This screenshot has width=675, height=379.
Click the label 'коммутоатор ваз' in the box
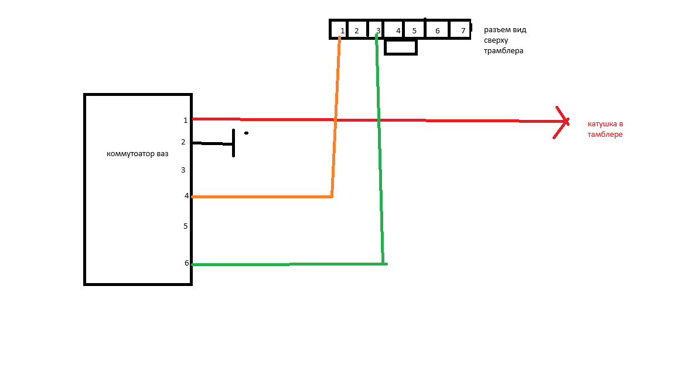137,154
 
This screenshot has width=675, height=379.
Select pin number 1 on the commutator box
185,120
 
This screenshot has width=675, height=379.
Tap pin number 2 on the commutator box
183,142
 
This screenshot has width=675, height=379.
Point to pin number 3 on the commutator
183,170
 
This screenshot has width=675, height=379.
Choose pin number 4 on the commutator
186,196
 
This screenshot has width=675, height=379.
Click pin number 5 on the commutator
185,226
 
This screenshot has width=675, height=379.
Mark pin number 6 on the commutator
186,263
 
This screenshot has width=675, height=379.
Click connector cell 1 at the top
342,30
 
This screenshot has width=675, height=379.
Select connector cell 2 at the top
356,30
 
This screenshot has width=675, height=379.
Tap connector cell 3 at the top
378,30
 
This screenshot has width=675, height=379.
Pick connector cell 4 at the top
398,30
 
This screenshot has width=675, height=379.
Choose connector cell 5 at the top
414,30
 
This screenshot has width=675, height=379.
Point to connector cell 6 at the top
437,30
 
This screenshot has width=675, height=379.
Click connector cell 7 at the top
462,30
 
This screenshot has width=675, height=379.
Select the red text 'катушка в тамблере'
605,129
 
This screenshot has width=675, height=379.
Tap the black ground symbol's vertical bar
234,143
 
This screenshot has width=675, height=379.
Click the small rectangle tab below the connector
401,47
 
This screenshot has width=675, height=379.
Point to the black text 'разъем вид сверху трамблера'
504,40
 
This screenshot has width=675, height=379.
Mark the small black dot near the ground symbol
246,133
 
